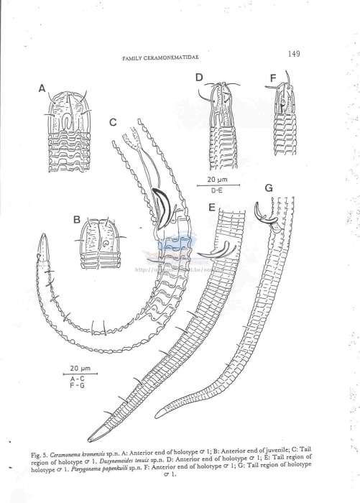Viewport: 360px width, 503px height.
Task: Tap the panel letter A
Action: [x=42, y=88]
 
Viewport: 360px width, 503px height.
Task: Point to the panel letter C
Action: [x=113, y=122]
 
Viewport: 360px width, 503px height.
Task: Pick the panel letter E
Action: [x=212, y=208]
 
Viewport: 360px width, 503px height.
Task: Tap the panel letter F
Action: [x=273, y=77]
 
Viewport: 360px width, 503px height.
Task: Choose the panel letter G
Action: [x=269, y=188]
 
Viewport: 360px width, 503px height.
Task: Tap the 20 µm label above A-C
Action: [x=78, y=367]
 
